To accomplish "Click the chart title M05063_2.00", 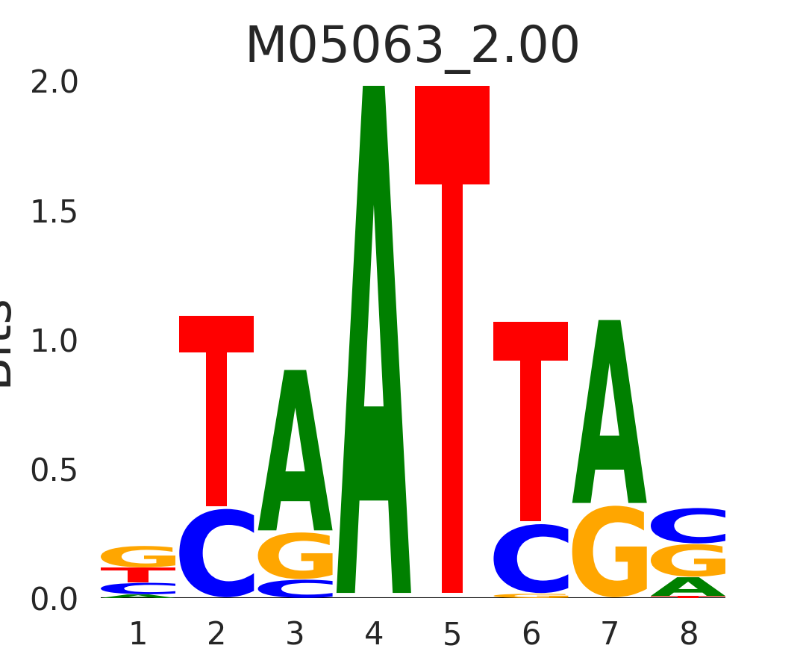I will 412,46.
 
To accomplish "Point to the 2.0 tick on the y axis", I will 54,83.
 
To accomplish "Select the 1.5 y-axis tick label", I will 54,213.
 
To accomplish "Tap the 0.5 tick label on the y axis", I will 54,471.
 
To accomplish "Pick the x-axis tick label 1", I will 138,635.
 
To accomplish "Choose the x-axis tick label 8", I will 688,635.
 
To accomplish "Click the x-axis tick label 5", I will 452,635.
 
